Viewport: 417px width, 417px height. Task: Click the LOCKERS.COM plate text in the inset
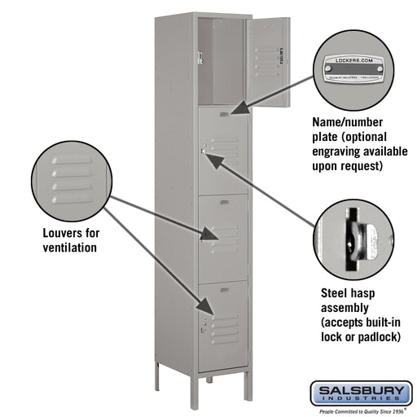352,61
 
